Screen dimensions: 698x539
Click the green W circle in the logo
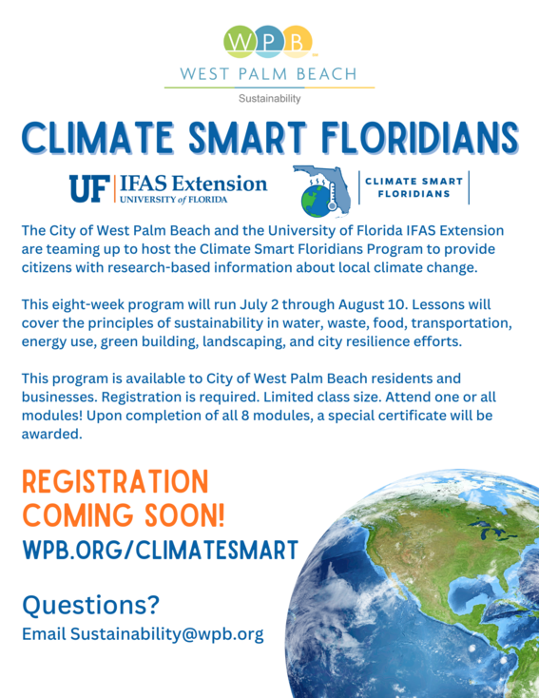click(x=239, y=43)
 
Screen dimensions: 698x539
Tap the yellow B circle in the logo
click(x=298, y=43)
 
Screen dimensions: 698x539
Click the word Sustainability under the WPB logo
click(x=269, y=98)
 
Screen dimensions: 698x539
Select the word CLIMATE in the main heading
click(x=104, y=138)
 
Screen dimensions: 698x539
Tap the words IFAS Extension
click(x=194, y=182)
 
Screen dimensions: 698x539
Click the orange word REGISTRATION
click(x=114, y=480)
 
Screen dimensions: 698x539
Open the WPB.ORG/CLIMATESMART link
click(x=160, y=550)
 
